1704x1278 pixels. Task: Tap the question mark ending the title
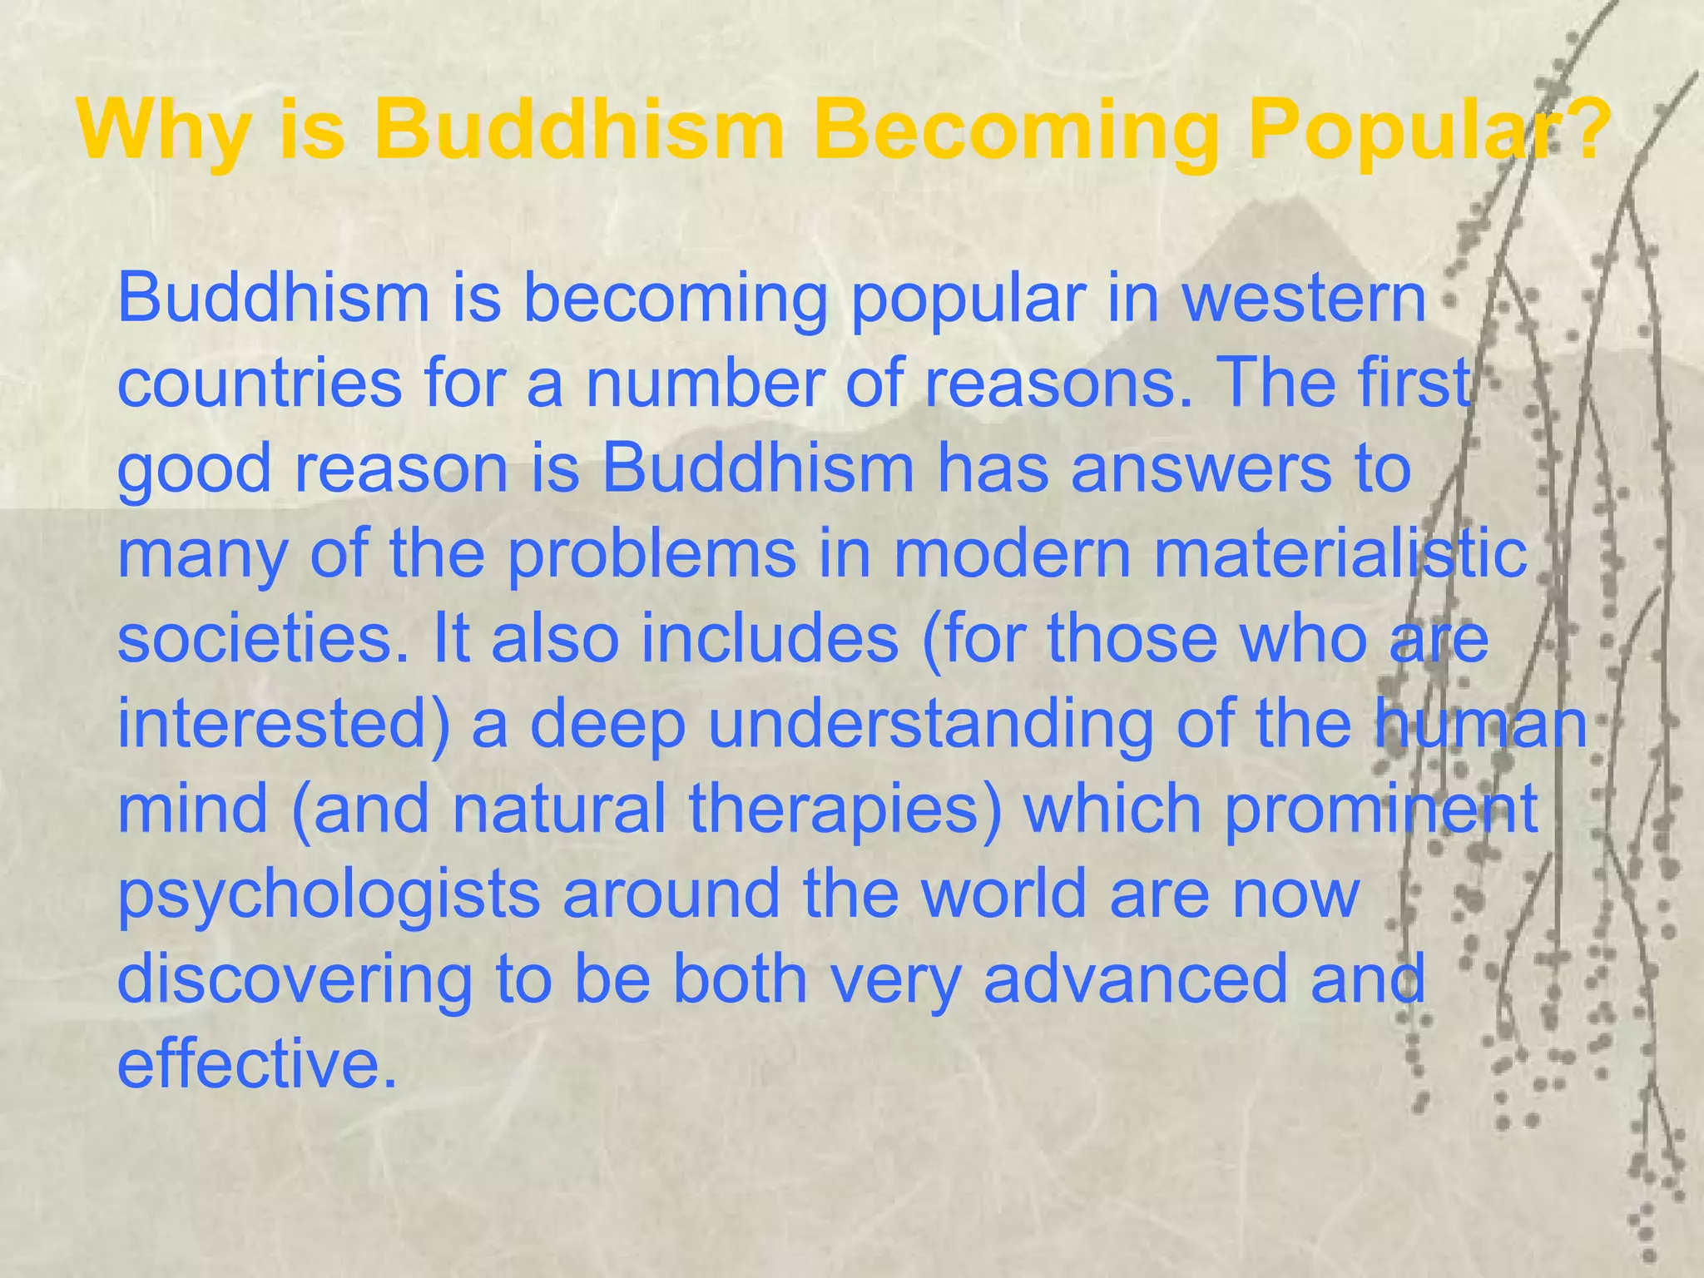click(x=1581, y=131)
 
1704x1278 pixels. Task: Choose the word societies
click(x=263, y=638)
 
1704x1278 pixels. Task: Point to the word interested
click(x=283, y=724)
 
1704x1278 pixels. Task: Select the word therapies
click(x=845, y=809)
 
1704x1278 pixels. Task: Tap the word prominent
click(x=1381, y=809)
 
